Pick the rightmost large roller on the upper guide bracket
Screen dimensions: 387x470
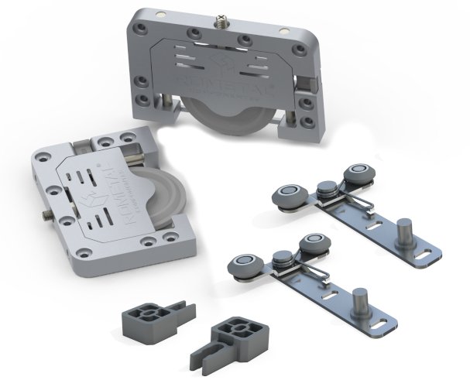pos(355,177)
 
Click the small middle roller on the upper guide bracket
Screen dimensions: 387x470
pos(326,188)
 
